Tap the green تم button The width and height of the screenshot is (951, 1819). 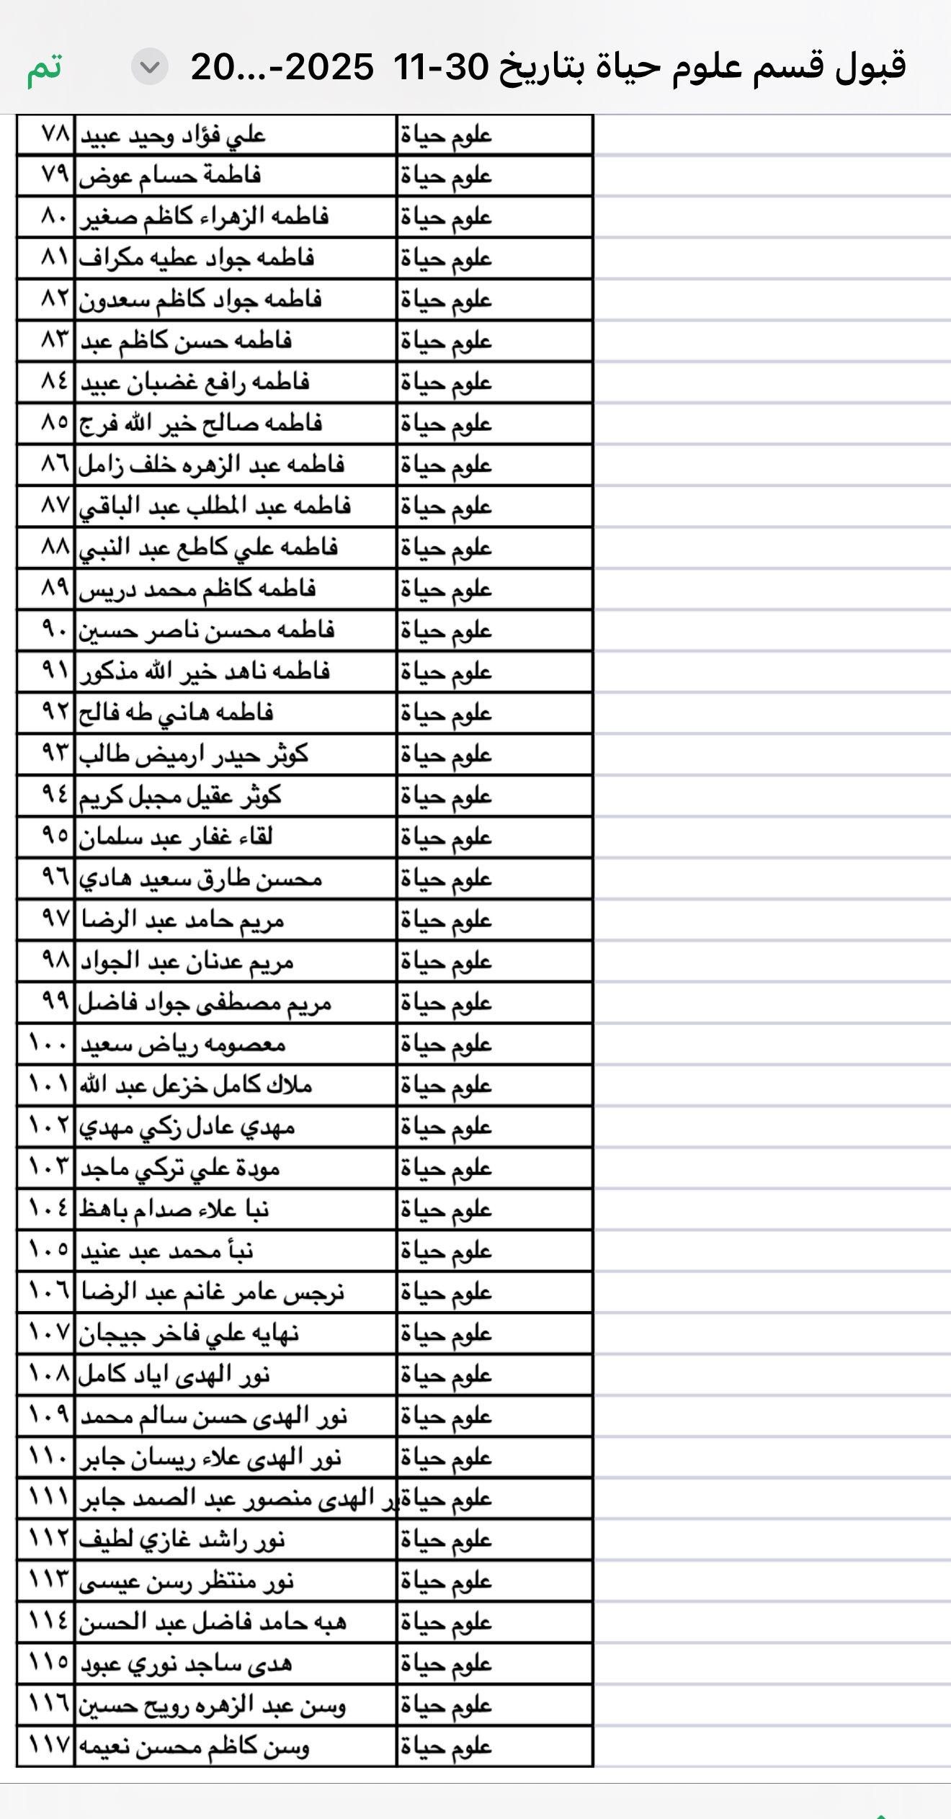45,68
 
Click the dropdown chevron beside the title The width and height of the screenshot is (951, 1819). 149,67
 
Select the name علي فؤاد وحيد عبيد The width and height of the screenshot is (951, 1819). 173,135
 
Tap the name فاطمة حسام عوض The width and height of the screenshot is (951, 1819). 170,176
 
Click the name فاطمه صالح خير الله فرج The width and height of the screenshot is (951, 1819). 200,424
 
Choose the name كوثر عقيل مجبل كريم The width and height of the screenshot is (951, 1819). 180,796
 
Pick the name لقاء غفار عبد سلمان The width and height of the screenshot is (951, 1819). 176,837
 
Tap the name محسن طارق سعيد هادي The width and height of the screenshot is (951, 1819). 200,879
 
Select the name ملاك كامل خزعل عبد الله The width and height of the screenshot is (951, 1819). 196,1086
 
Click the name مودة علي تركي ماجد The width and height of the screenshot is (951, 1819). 180,1168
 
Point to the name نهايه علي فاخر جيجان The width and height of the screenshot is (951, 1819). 189,1334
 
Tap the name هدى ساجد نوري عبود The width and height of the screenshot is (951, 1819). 186,1665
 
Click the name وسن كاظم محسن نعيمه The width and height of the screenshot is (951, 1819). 194,1748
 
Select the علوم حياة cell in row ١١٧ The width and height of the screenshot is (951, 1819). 447,1748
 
